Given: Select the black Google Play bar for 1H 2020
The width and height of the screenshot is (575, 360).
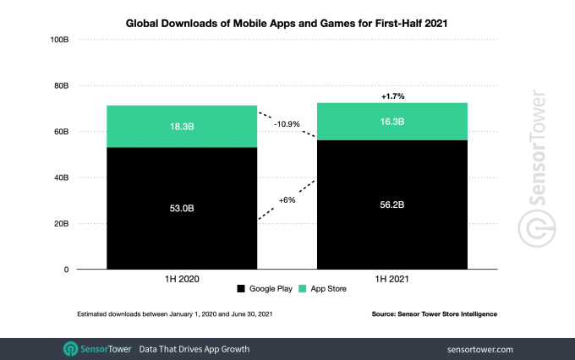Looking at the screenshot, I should coord(182,228).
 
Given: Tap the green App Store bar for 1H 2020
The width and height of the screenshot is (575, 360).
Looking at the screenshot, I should coord(182,127).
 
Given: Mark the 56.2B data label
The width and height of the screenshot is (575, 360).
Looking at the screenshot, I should coord(392,205).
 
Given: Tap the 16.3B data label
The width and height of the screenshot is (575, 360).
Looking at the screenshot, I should coord(392,122).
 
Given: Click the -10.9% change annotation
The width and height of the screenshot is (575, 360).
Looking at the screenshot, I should coord(287,124).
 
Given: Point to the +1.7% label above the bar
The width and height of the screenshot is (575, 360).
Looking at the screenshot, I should coord(392,95).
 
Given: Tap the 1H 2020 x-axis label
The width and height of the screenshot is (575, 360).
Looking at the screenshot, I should coord(182,276).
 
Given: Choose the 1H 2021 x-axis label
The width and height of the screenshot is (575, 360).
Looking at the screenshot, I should coord(392,276).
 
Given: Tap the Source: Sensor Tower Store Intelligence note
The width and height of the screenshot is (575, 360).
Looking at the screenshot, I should coord(434,314).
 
